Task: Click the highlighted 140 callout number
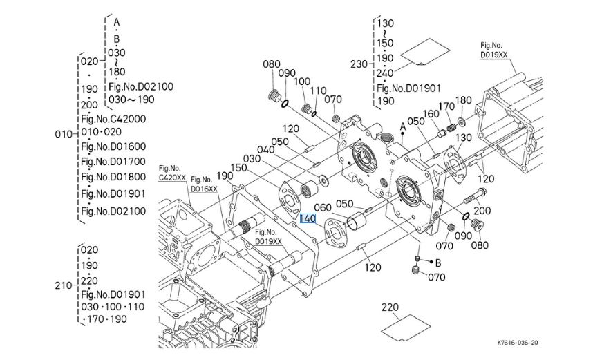point(308,218)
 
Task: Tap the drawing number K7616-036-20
point(517,343)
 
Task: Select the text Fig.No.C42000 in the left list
point(113,119)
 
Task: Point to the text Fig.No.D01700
point(113,162)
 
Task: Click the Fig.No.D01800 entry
point(113,177)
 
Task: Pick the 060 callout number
point(323,207)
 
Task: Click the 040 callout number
point(266,150)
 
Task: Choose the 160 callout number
point(431,114)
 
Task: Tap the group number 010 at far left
point(63,134)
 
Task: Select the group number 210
point(63,285)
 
